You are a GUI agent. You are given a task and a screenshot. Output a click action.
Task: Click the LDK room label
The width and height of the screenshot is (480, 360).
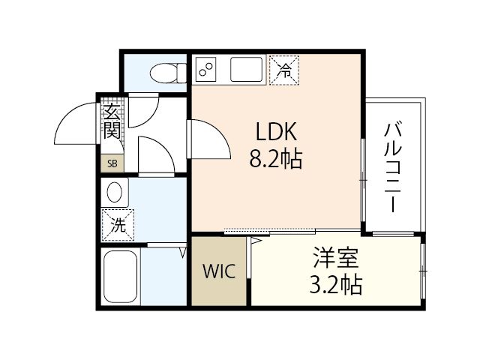pyautogui.click(x=277, y=133)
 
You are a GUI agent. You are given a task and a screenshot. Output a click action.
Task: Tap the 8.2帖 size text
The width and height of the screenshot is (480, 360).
pyautogui.click(x=277, y=159)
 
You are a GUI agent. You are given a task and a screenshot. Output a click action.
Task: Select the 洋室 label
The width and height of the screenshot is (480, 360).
pyautogui.click(x=335, y=259)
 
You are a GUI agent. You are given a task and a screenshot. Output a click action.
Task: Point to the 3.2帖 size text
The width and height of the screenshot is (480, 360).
pyautogui.click(x=335, y=285)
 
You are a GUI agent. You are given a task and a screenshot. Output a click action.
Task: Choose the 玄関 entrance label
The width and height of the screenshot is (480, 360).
pyautogui.click(x=111, y=122)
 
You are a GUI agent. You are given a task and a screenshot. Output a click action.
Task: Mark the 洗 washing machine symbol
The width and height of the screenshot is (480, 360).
pyautogui.click(x=118, y=223)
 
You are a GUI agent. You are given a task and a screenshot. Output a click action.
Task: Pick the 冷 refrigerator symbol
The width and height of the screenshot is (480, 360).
pyautogui.click(x=284, y=70)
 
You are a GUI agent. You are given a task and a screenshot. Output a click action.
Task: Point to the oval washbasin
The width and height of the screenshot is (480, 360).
pyautogui.click(x=115, y=192)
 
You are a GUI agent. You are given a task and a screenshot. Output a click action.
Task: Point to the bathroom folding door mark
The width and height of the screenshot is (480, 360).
pyautogui.click(x=183, y=252)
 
